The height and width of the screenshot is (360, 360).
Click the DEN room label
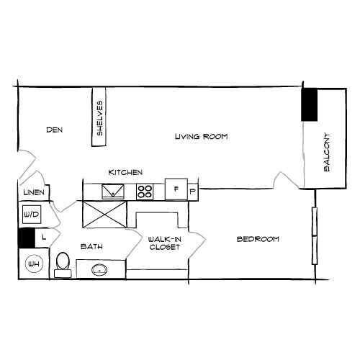click(x=55, y=130)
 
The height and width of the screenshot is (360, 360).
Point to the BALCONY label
click(x=328, y=151)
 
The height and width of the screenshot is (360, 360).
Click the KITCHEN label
click(x=125, y=173)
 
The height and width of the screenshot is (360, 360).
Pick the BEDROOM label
click(x=258, y=239)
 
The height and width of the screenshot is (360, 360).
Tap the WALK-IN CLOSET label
click(x=164, y=243)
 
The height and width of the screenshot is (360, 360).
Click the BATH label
click(x=91, y=246)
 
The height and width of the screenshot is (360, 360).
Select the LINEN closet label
click(x=33, y=193)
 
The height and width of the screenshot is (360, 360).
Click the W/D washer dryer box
click(x=31, y=215)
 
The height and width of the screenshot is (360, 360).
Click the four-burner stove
click(x=145, y=191)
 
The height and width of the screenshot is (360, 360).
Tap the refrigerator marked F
click(x=176, y=189)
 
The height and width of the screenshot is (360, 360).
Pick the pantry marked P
click(x=192, y=192)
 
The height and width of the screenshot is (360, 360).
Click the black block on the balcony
click(x=310, y=105)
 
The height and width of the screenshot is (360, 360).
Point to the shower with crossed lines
click(x=105, y=214)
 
